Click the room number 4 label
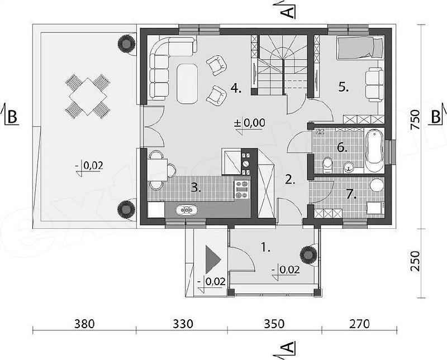tap(236, 89)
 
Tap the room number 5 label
tap(344, 87)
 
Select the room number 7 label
tap(351, 194)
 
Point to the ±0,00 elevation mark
tap(249, 123)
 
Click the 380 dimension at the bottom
tap(84, 324)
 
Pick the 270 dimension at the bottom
tap(360, 324)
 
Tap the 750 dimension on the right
tap(415, 120)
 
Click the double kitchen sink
tap(186, 210)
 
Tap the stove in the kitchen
tap(242, 189)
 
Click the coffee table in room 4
tap(187, 84)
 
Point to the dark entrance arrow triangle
tap(212, 259)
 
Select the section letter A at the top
tap(289, 11)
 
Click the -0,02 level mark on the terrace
tap(89, 166)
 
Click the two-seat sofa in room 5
tap(374, 85)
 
